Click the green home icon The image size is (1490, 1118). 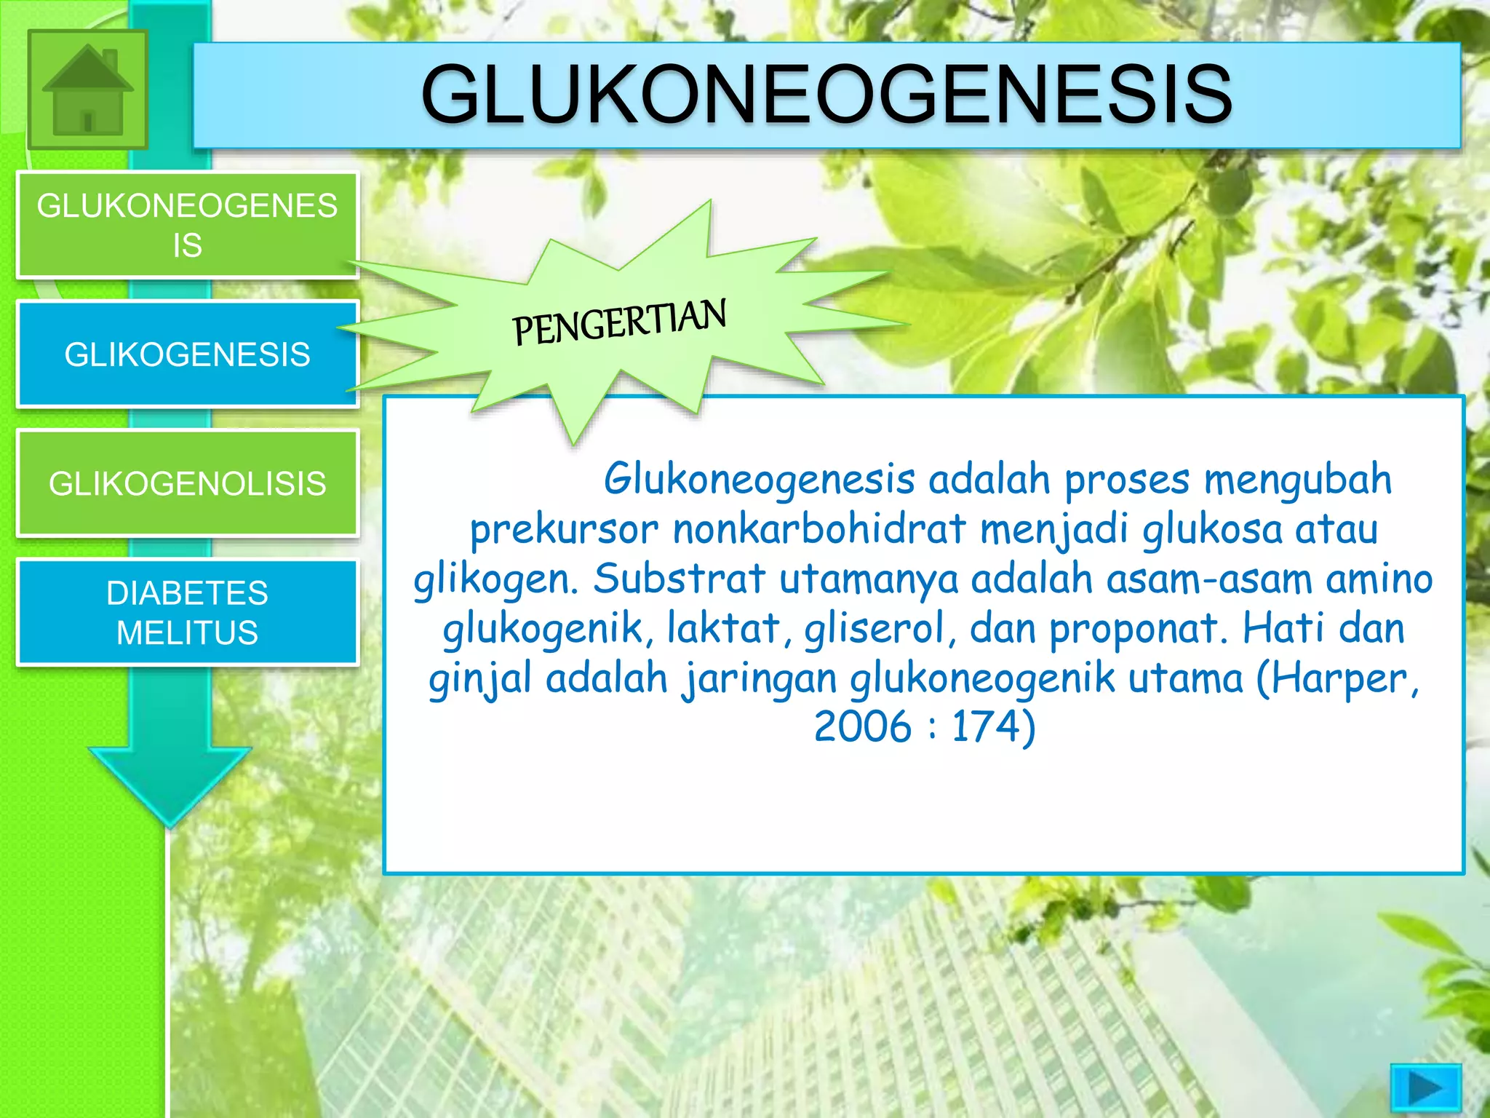(x=87, y=90)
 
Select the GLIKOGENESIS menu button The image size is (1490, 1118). (x=188, y=354)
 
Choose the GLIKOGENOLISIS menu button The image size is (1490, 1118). (x=188, y=484)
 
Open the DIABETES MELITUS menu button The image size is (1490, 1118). (x=188, y=613)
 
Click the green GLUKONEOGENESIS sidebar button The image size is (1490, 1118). (x=188, y=226)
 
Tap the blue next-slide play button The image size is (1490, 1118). (x=1425, y=1089)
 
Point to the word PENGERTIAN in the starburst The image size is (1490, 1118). (x=619, y=322)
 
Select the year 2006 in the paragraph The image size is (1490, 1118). (x=863, y=726)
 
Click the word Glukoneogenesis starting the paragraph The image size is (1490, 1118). (x=759, y=480)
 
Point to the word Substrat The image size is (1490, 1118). (x=679, y=579)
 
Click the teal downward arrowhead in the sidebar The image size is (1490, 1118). (x=170, y=786)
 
